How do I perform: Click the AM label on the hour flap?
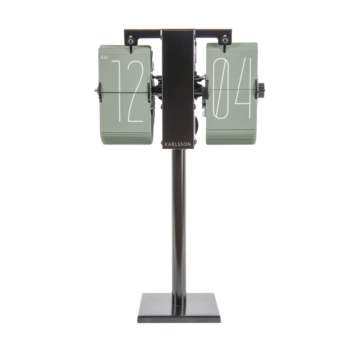[x=104, y=58]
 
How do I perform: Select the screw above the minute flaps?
[x=224, y=40]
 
